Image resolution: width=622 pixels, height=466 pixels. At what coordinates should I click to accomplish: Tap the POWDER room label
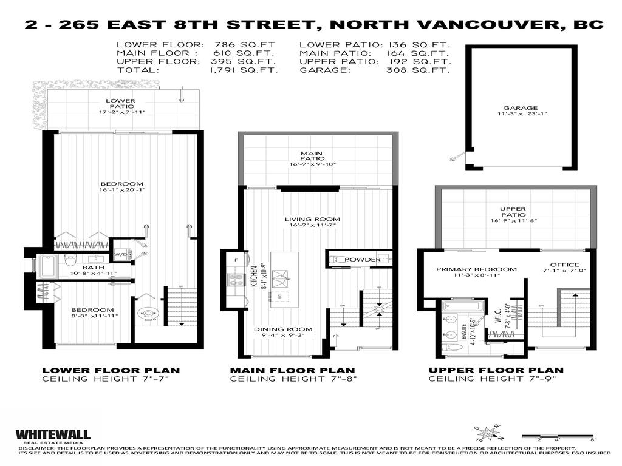pyautogui.click(x=363, y=260)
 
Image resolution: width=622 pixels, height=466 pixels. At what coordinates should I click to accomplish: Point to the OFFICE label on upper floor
pyautogui.click(x=561, y=265)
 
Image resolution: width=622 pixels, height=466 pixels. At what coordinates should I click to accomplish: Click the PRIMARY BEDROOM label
pyautogui.click(x=476, y=269)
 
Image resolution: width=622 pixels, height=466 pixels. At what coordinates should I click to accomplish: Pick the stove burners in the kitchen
pyautogui.click(x=236, y=280)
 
